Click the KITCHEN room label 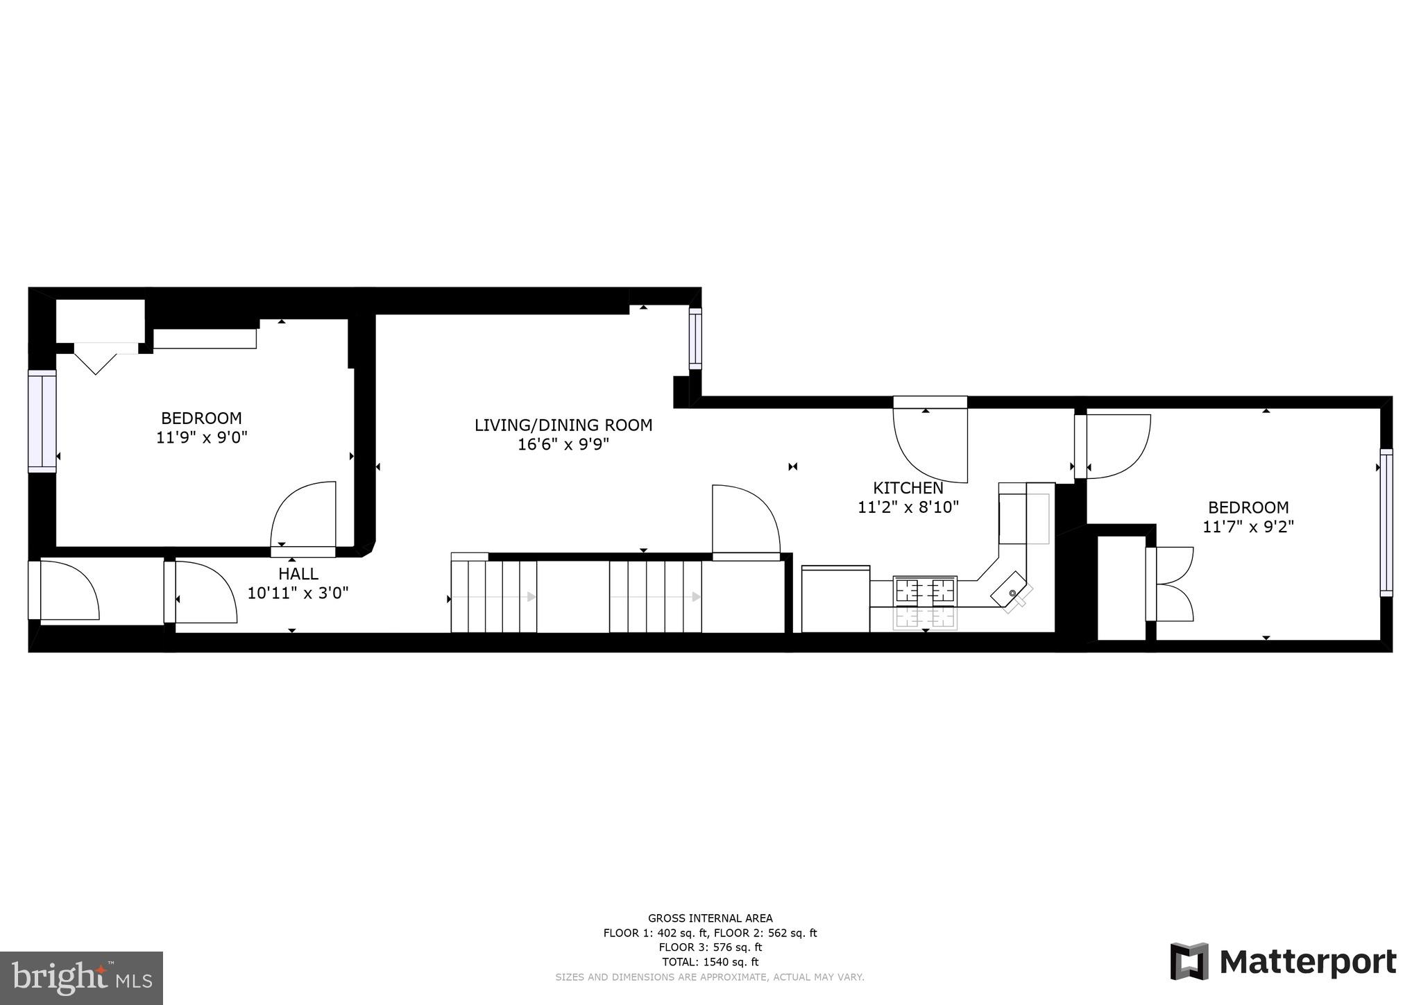click(908, 488)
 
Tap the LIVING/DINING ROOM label click(563, 425)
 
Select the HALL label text click(298, 574)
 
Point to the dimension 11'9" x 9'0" click(202, 438)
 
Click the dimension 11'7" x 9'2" click(1248, 527)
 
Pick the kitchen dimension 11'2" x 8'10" click(908, 507)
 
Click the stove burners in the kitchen click(925, 591)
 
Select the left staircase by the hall click(493, 596)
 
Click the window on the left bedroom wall click(42, 421)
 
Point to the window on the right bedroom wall click(1386, 522)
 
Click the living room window click(695, 338)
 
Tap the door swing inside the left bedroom click(303, 517)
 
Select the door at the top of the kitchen click(930, 441)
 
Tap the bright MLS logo click(81, 978)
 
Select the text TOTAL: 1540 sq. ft click(710, 962)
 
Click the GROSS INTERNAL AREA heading click(710, 918)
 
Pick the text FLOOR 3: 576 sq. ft click(710, 947)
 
